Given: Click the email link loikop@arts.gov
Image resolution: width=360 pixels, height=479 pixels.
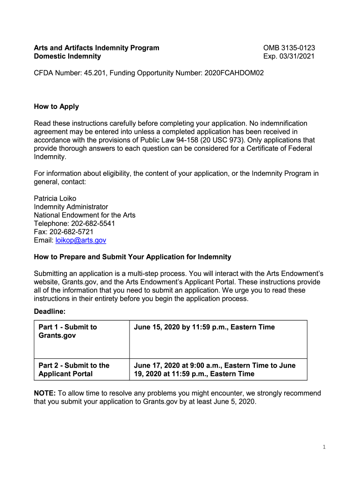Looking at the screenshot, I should point(81,240).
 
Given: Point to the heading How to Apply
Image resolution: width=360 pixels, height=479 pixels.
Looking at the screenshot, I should point(57,107).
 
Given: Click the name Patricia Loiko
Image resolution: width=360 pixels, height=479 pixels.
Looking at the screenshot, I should point(55,198).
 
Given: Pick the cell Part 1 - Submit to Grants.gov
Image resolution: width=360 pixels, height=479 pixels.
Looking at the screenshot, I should point(68,331).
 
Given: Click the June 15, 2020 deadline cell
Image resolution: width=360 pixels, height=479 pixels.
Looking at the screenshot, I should point(204,327).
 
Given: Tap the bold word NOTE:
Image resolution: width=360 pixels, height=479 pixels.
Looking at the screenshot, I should point(45,393).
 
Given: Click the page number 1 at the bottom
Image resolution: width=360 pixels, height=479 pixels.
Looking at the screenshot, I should point(324,447).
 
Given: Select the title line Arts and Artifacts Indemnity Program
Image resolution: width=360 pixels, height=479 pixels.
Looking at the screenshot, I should point(97,48).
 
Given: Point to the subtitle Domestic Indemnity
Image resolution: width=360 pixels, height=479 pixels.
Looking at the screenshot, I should point(67,56).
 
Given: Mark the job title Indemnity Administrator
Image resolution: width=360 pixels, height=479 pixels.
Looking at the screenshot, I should point(71,207).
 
